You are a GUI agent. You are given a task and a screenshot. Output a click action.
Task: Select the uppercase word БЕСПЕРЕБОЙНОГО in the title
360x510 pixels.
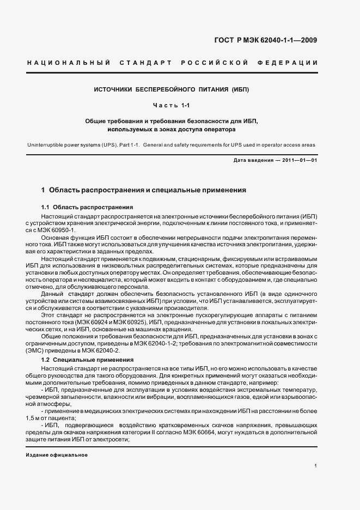tap(157, 89)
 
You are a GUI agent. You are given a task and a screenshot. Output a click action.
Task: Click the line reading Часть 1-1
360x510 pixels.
tap(170, 105)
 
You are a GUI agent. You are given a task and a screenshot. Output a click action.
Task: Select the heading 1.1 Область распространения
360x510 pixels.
tap(87, 208)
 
